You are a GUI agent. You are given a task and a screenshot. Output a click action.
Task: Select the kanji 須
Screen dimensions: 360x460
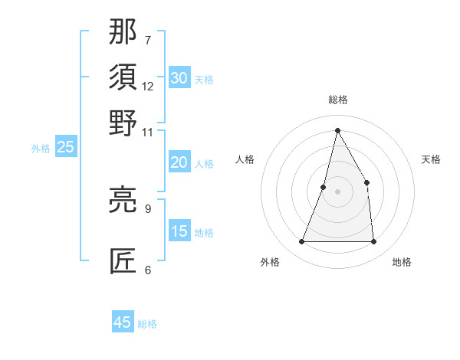[x=123, y=77]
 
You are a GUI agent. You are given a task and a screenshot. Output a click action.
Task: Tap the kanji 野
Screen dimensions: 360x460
[x=123, y=123]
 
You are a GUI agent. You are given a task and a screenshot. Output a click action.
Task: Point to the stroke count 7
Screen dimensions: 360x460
[x=148, y=40]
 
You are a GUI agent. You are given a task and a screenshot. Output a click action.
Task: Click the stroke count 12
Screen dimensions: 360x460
[x=148, y=86]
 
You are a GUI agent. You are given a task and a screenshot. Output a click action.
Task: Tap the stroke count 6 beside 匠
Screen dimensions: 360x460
[x=148, y=270]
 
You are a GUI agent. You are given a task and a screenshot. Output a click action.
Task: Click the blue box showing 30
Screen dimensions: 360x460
[x=179, y=78]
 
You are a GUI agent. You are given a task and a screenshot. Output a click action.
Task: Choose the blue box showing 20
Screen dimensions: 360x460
[x=179, y=162]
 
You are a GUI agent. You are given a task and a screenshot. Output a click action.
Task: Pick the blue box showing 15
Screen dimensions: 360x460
[x=179, y=231]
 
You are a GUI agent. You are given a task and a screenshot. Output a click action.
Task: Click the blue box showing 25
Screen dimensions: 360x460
[x=65, y=147]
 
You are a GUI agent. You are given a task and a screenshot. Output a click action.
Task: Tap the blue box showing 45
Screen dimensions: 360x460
[x=123, y=322]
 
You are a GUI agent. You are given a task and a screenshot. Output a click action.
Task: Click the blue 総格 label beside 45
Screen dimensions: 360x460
[x=147, y=324]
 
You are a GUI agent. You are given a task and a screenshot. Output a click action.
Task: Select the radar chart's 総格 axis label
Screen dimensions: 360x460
[x=337, y=100]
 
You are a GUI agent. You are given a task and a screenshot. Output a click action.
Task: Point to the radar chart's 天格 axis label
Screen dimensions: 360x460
[x=432, y=159]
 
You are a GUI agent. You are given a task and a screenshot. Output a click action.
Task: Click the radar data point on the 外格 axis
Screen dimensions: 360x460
[x=301, y=242]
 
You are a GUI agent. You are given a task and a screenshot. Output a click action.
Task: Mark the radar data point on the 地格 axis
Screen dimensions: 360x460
[x=373, y=242]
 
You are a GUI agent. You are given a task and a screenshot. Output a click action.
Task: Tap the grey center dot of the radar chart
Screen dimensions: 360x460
[x=337, y=191]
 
